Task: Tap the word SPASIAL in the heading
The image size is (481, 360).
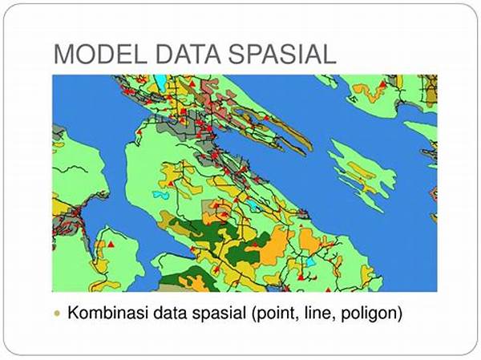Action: pyautogui.click(x=282, y=55)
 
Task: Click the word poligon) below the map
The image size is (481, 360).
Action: pyautogui.click(x=371, y=313)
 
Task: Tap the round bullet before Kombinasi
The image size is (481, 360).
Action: pyautogui.click(x=57, y=313)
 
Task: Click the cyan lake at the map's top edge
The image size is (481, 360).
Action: pyautogui.click(x=160, y=81)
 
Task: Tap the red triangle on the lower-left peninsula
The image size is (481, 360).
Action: pyautogui.click(x=111, y=245)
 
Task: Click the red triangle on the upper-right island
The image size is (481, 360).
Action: pyautogui.click(x=382, y=84)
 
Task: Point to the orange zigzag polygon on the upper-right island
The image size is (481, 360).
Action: pyautogui.click(x=368, y=92)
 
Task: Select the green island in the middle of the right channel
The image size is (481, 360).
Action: pyautogui.click(x=362, y=176)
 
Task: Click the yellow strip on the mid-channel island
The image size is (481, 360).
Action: pyautogui.click(x=362, y=171)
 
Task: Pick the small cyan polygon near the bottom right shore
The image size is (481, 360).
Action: pyautogui.click(x=310, y=262)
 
